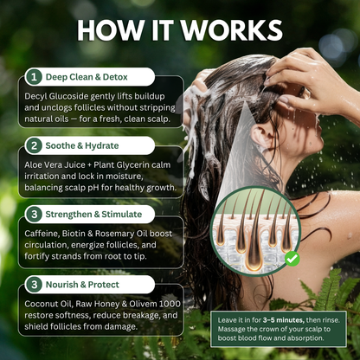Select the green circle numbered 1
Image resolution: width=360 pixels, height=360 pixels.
point(34,76)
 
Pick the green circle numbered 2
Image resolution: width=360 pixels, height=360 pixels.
point(34,145)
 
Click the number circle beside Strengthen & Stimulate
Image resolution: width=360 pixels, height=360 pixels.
point(34,213)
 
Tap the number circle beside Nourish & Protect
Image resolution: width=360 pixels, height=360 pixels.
point(34,281)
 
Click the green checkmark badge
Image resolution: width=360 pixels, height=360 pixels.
point(292,258)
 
